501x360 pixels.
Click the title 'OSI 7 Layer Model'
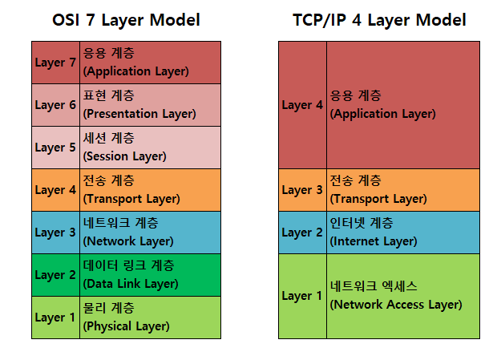pos(126,20)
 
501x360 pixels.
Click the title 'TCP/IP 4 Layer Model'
pos(379,20)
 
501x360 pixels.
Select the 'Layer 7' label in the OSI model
pos(55,63)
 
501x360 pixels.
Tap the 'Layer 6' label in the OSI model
pos(55,105)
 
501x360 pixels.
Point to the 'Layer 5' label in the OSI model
pos(55,148)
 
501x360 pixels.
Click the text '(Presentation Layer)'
pos(139,114)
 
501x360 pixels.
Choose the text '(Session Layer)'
pos(124,156)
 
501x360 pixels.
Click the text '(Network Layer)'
pos(128,241)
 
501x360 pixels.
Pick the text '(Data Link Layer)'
pos(131,284)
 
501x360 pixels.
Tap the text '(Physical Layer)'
pos(127,326)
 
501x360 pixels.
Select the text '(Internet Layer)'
pos(374,241)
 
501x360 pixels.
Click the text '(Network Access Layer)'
pos(396,305)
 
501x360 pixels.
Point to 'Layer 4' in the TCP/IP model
pos(302,105)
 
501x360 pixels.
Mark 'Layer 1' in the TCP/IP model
pos(302,296)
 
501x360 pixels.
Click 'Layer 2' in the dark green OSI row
pos(55,275)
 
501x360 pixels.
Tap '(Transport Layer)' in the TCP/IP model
pos(378,199)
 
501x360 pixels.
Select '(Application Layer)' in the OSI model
pos(136,71)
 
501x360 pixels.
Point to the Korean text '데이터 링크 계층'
pos(129,265)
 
